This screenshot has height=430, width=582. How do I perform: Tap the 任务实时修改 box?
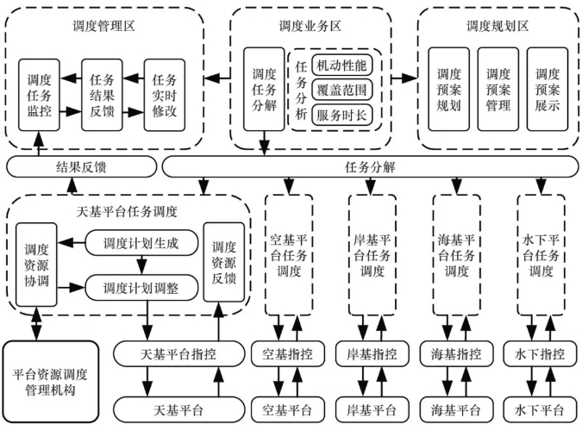[x=164, y=95]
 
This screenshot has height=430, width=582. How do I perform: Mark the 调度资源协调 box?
[x=36, y=264]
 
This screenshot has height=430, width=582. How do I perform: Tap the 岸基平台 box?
[x=371, y=406]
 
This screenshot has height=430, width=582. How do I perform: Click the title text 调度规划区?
[x=498, y=26]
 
